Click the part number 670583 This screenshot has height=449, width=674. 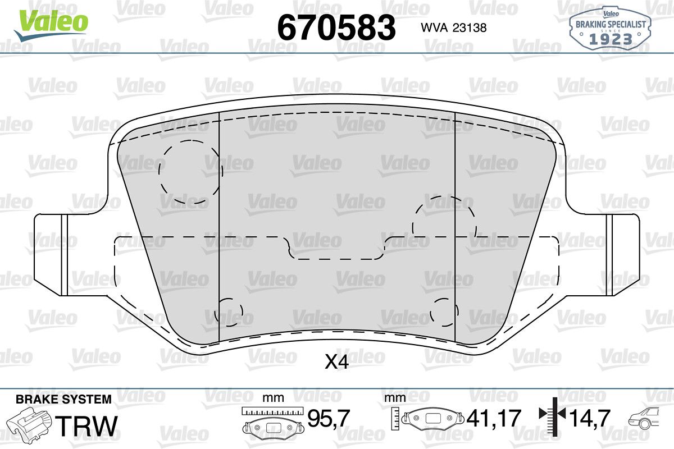336,28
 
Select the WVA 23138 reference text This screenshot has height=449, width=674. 454,28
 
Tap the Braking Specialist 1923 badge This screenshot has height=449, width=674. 611,29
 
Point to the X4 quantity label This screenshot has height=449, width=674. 336,362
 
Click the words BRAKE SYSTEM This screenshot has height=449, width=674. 63,399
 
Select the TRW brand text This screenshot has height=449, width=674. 86,425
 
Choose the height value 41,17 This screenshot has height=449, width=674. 494,418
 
